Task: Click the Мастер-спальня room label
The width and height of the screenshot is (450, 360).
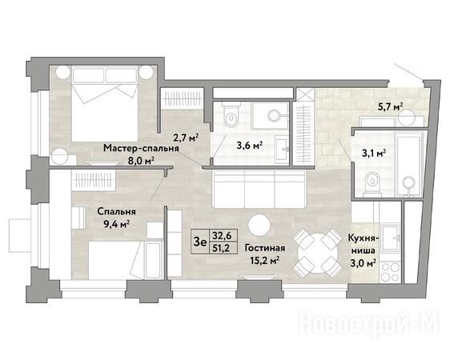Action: click(x=141, y=148)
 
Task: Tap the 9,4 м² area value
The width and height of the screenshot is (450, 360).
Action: click(x=116, y=224)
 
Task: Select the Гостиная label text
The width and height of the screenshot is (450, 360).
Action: click(x=264, y=248)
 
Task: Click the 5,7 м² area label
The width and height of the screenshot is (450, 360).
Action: click(x=391, y=107)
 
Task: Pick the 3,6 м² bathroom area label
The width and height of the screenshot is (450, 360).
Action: click(x=250, y=146)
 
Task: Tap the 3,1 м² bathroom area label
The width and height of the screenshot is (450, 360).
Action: click(x=373, y=154)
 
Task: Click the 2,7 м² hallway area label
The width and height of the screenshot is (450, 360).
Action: click(x=186, y=138)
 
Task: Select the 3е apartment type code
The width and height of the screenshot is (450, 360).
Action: click(x=200, y=242)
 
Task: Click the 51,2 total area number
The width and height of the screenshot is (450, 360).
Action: click(x=221, y=248)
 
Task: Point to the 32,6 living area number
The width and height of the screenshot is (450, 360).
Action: click(x=221, y=236)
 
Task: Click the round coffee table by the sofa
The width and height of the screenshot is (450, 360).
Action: click(x=259, y=226)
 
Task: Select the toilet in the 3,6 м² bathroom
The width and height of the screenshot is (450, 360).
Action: click(x=231, y=115)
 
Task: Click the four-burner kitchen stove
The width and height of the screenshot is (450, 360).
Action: click(x=390, y=272)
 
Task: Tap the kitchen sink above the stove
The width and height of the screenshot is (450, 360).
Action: click(x=391, y=238)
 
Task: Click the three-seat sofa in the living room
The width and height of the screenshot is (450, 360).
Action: click(x=259, y=189)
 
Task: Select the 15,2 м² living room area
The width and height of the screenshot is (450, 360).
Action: click(x=264, y=261)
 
